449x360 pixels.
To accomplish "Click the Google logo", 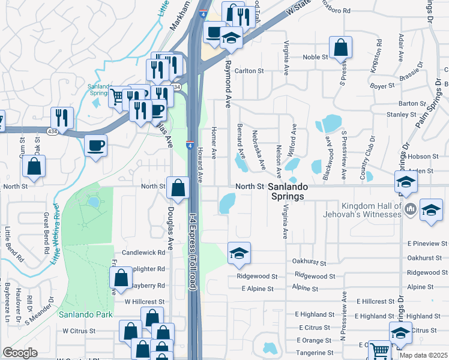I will [20, 353].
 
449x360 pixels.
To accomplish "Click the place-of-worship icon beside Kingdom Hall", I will [411, 209].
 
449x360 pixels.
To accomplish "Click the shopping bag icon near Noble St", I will [340, 49].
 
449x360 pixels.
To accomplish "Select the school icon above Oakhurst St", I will [239, 254].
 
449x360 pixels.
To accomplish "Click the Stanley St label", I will [402, 115].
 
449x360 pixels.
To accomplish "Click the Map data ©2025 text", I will [423, 355].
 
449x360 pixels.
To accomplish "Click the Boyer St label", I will [382, 86].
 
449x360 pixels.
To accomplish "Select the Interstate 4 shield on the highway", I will [189, 145].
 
